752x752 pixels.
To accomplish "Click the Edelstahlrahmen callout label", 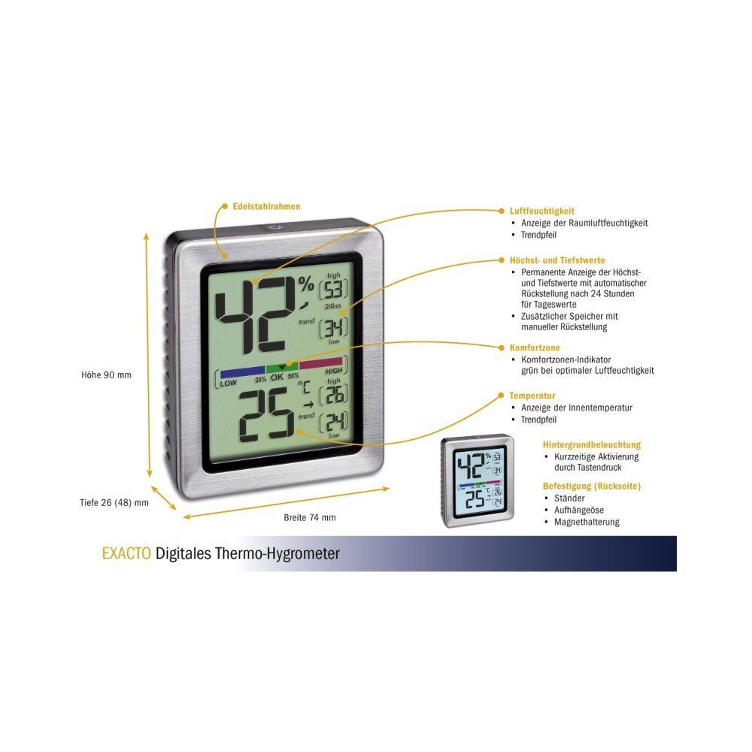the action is tap(267, 207).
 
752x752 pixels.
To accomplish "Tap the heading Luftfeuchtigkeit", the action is tap(542, 211).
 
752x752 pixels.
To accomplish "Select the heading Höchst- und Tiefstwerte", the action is tap(557, 260).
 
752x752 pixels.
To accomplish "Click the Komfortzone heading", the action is tap(535, 347).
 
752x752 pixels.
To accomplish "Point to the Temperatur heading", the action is tap(532, 396).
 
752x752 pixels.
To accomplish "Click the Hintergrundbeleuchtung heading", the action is tap(592, 445).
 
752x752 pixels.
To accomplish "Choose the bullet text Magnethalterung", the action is tap(587, 522).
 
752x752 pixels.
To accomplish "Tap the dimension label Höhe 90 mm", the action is tap(106, 375).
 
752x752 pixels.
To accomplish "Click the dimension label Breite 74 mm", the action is tap(310, 517).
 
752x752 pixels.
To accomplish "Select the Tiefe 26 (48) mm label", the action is tap(114, 502).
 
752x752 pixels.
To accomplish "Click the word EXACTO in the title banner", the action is tap(126, 553).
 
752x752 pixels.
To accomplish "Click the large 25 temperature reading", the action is tap(267, 414).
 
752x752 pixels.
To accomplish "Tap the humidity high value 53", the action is tap(334, 290).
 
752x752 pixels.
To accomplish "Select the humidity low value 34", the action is tap(334, 328).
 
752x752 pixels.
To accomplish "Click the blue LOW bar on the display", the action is tap(243, 370).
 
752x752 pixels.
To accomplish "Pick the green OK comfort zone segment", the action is tap(282, 368).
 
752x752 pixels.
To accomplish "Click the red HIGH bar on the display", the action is tap(321, 362).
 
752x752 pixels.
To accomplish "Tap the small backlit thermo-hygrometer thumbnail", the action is tap(478, 481).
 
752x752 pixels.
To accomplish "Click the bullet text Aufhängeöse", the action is tap(579, 511).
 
